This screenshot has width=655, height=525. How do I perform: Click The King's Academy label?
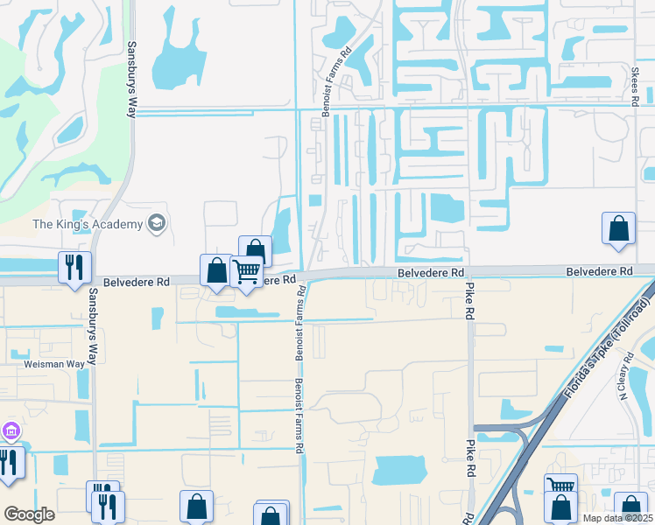click(87, 225)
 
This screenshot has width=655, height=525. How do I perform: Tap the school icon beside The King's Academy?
click(157, 224)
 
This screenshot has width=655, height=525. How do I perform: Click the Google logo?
click(29, 514)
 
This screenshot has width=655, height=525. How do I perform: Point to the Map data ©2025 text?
click(618, 518)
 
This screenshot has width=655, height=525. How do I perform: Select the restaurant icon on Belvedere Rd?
click(74, 266)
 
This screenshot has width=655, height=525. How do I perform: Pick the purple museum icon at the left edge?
click(10, 430)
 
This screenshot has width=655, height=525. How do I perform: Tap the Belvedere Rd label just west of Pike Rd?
click(430, 273)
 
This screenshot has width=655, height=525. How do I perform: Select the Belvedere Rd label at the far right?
click(599, 272)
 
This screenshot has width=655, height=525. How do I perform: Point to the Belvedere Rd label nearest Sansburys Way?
click(136, 283)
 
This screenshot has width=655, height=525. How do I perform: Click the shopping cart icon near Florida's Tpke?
click(560, 486)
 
